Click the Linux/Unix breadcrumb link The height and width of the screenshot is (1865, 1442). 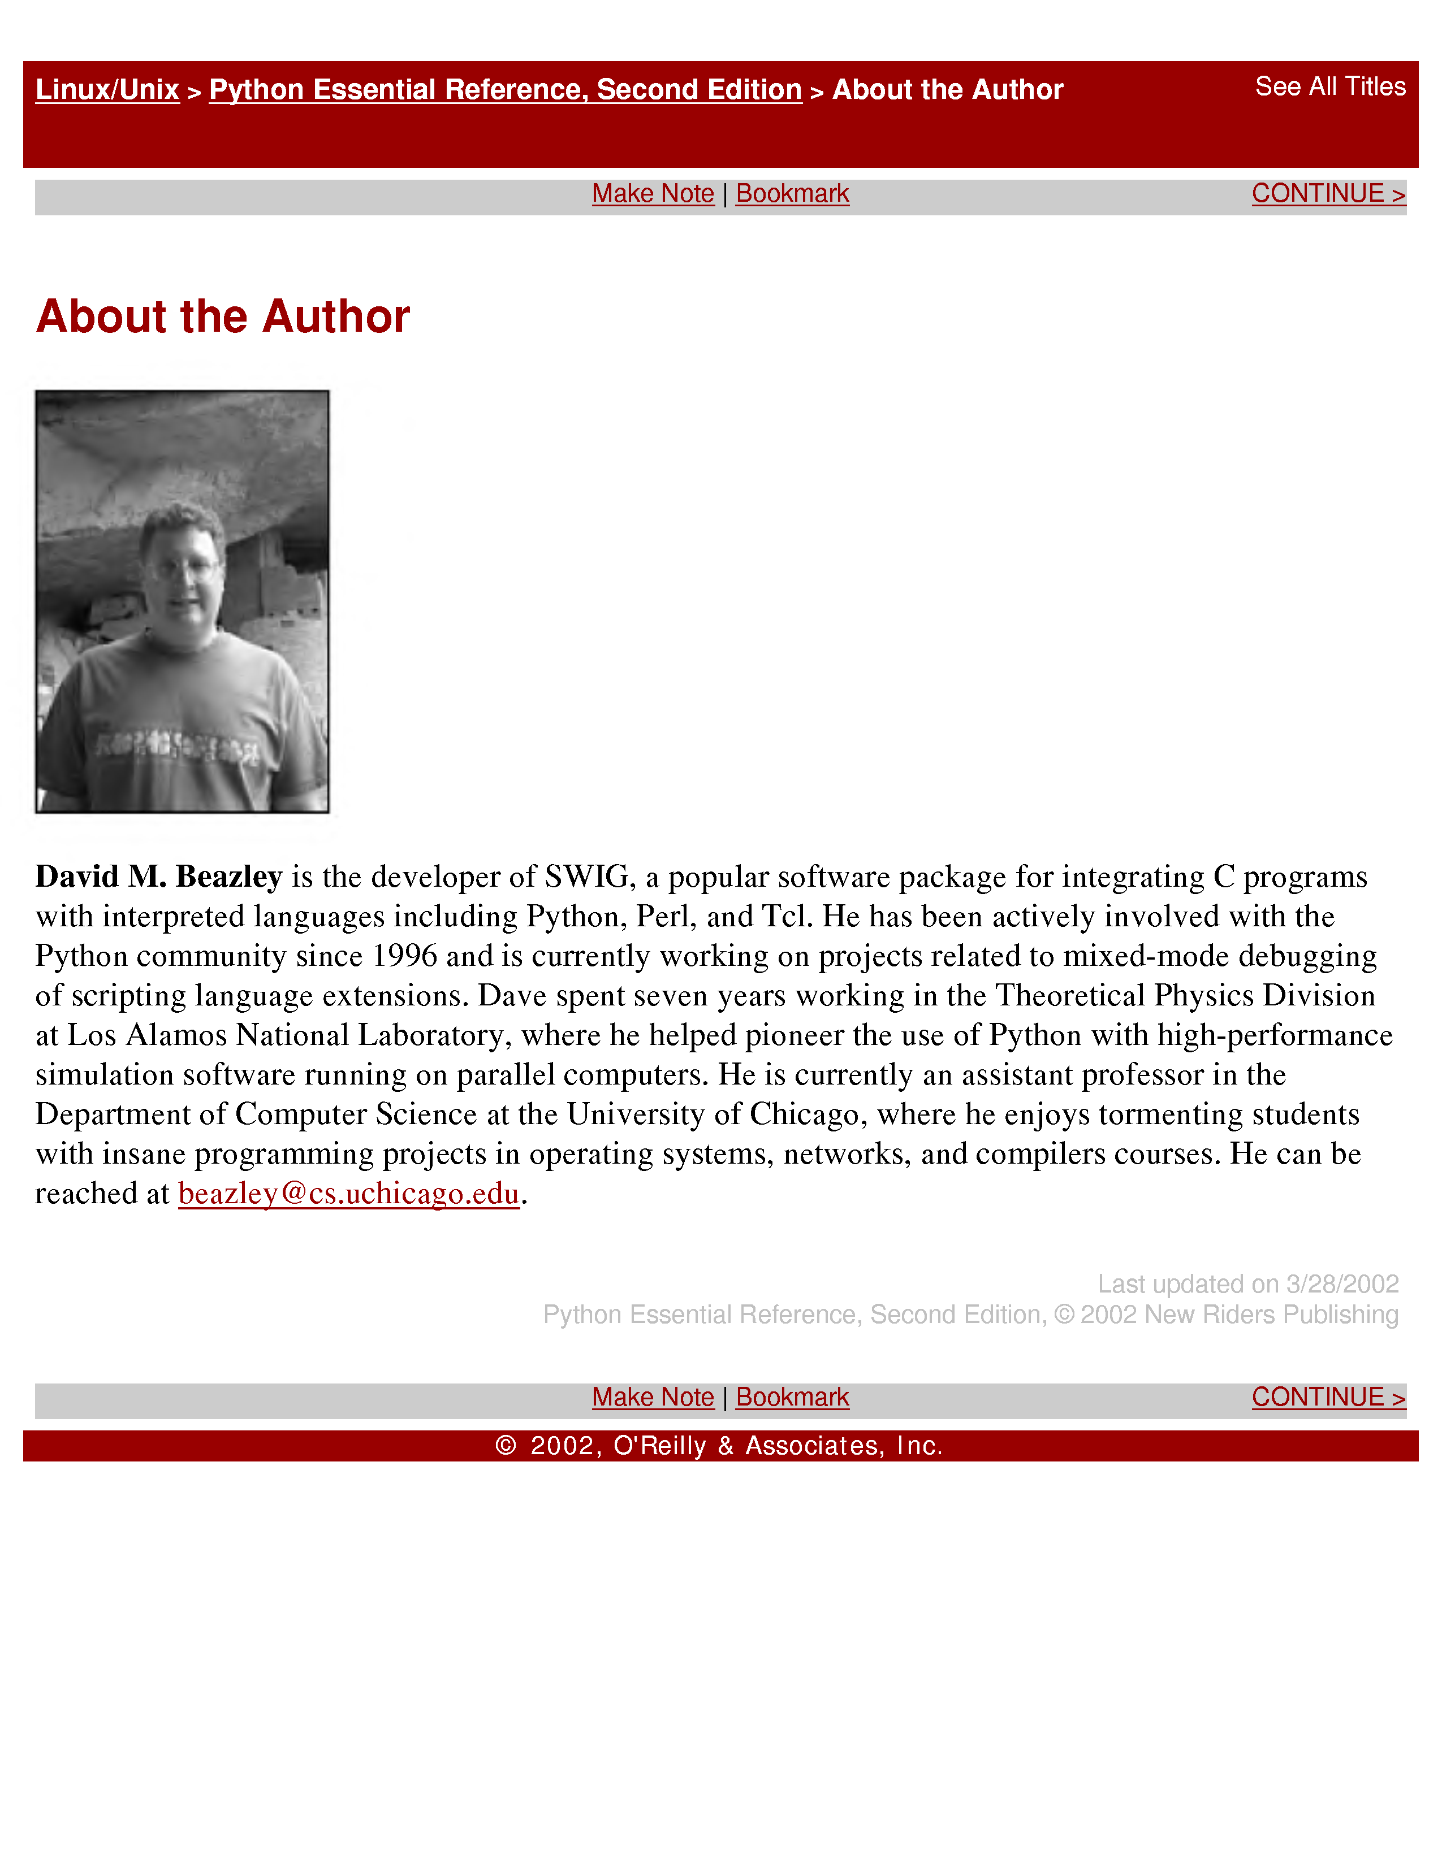107,90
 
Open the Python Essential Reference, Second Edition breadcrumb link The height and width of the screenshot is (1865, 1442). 505,90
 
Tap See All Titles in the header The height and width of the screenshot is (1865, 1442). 1330,86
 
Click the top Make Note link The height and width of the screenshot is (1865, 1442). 653,194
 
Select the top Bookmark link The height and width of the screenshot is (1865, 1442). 792,194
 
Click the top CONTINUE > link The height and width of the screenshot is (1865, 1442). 1328,194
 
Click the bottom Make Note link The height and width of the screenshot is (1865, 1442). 653,1397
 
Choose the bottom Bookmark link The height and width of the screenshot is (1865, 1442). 792,1397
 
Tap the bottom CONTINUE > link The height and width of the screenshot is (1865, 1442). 1328,1397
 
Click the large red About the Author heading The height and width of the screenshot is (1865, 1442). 223,317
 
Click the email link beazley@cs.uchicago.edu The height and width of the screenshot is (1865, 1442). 348,1193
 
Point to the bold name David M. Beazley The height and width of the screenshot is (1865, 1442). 159,877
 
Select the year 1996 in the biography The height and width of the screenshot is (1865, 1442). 405,956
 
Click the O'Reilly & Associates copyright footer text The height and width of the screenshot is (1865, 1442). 719,1446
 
